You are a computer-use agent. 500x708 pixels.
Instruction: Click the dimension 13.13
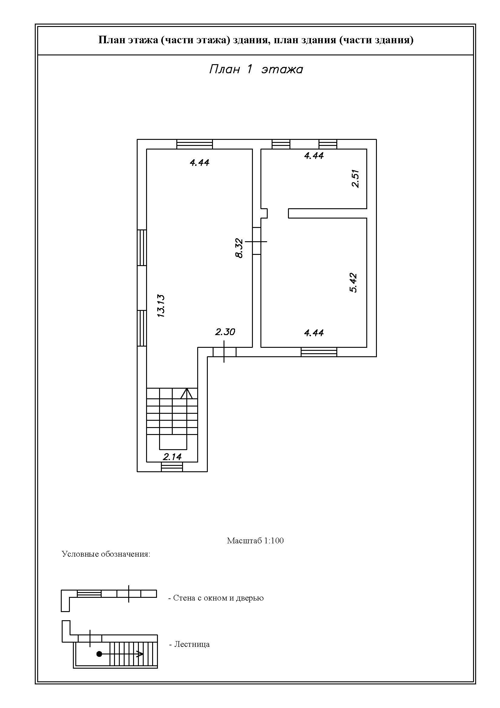point(161,306)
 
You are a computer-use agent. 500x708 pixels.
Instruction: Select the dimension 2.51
point(355,179)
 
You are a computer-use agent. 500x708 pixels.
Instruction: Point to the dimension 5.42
point(353,282)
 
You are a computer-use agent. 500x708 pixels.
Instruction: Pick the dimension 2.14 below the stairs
point(172,457)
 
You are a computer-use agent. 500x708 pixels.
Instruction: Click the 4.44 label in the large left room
point(200,163)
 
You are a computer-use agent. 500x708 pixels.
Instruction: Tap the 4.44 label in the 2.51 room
point(314,156)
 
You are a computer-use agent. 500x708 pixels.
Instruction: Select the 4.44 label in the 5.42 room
point(314,333)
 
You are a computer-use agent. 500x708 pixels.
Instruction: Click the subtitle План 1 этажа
point(256,69)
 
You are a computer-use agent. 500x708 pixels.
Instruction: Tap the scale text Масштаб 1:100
point(255,541)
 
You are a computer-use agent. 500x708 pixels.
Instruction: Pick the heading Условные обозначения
point(106,554)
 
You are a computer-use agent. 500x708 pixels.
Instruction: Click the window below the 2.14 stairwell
point(172,466)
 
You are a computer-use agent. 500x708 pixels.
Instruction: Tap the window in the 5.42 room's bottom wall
point(319,352)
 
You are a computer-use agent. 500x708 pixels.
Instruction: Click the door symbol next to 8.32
point(257,242)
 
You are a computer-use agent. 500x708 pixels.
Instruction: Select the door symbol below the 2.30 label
point(224,352)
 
